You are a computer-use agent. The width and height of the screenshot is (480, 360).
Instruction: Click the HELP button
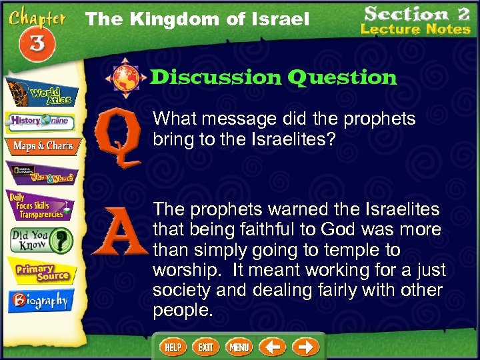[x=173, y=347]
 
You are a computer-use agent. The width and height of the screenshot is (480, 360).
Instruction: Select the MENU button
[x=239, y=347]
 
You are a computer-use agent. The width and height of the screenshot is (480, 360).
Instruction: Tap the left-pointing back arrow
[x=272, y=347]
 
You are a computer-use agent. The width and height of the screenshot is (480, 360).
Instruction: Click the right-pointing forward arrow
[x=305, y=347]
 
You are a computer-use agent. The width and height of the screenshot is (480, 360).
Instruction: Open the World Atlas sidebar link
[x=41, y=93]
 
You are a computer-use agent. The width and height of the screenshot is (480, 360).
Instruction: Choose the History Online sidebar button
[x=41, y=121]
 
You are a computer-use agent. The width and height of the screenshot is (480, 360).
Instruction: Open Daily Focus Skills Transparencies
[x=42, y=205]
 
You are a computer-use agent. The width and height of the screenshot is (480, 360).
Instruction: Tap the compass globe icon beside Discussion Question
[x=125, y=77]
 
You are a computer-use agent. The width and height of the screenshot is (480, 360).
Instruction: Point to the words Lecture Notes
[x=415, y=29]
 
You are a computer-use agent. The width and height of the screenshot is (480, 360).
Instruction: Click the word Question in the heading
[x=342, y=78]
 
